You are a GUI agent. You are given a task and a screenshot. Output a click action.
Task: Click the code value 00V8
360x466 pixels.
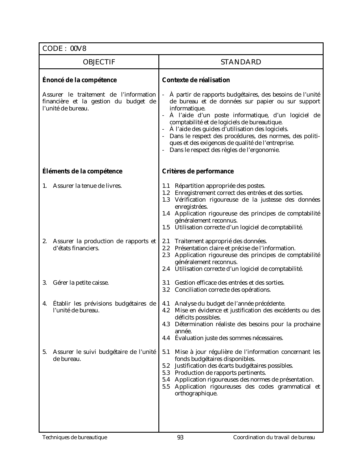pyautogui.click(x=78, y=49)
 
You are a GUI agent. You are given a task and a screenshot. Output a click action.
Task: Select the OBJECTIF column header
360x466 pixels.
pyautogui.click(x=99, y=62)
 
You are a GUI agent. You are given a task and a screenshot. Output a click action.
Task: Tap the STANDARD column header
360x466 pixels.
pyautogui.click(x=241, y=62)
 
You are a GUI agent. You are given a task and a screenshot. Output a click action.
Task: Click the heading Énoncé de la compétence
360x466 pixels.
pyautogui.click(x=79, y=80)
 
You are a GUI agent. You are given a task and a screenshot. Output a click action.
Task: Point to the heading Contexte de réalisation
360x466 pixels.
pyautogui.click(x=196, y=80)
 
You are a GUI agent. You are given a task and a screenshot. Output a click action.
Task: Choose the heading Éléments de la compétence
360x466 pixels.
pyautogui.click(x=82, y=171)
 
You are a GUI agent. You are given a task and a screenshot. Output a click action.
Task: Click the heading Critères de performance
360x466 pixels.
pyautogui.click(x=198, y=171)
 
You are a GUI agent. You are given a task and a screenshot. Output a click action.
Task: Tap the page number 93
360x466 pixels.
pyautogui.click(x=180, y=437)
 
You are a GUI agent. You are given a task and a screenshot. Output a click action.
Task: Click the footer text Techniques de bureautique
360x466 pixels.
pyautogui.click(x=75, y=437)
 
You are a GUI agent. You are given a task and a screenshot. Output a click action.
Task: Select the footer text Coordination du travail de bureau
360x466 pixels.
pyautogui.click(x=274, y=437)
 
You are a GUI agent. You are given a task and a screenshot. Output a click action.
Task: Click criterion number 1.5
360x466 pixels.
pyautogui.click(x=166, y=227)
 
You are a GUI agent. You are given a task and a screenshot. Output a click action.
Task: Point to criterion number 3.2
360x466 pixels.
pyautogui.click(x=166, y=290)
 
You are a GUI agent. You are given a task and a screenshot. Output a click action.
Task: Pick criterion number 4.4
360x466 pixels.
pyautogui.click(x=166, y=338)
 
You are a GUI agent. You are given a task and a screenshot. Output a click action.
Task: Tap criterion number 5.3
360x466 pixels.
pyautogui.click(x=166, y=373)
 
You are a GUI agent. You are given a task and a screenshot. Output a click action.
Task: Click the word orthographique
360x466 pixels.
pyautogui.click(x=196, y=393)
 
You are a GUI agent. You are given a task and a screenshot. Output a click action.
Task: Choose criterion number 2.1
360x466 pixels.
pyautogui.click(x=166, y=241)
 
